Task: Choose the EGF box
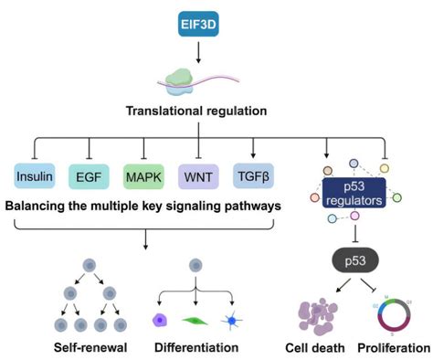pos(90,173)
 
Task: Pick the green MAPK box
pos(145,173)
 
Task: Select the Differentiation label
pos(196,348)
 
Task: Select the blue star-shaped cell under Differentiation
pos(236,320)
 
